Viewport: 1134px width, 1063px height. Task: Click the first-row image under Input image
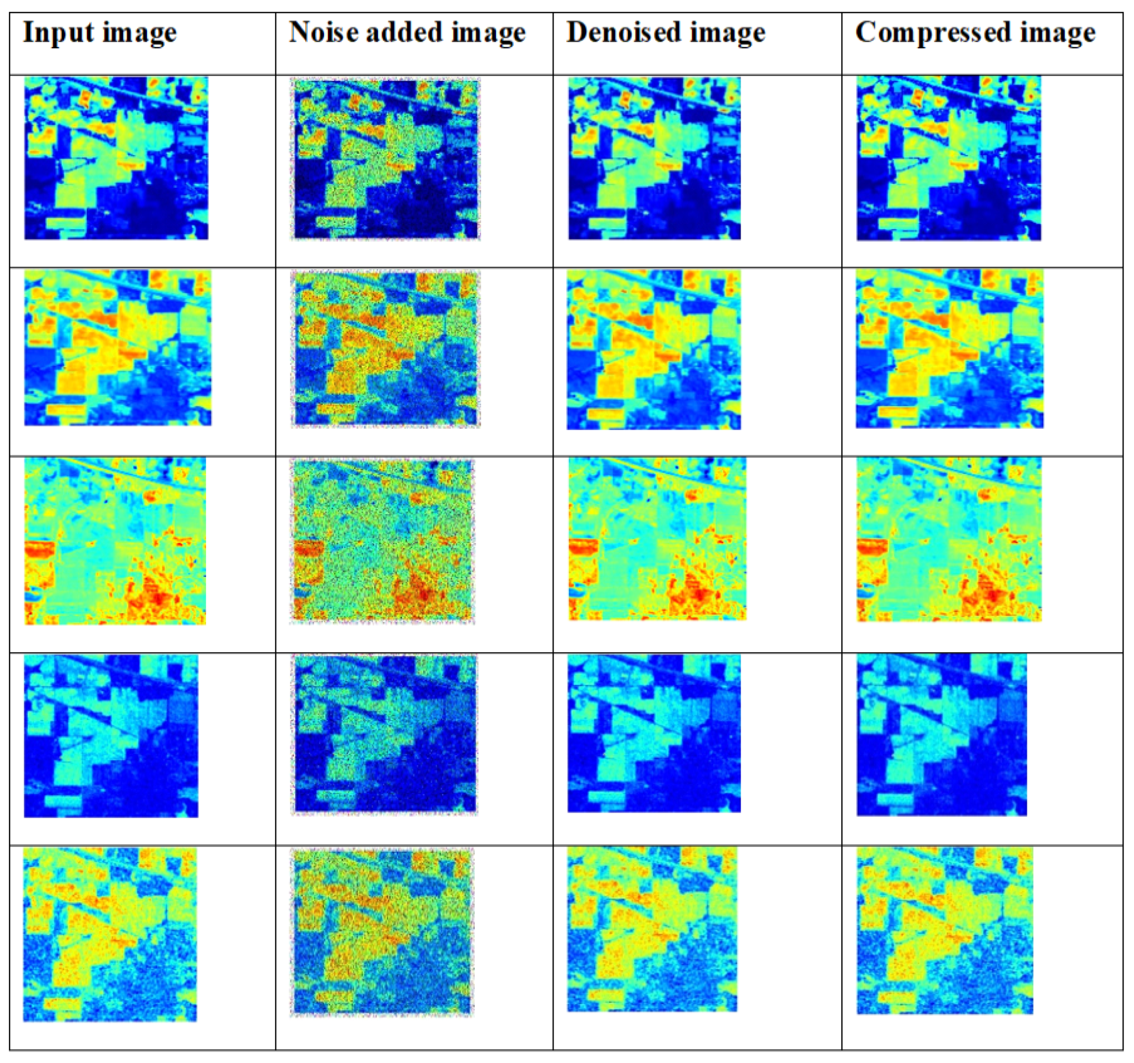pos(116,158)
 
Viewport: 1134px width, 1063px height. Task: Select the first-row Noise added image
pos(386,159)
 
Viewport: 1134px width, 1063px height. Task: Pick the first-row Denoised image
pos(654,158)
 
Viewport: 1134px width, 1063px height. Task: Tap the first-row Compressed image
pos(948,158)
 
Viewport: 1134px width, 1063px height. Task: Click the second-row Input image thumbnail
pos(118,347)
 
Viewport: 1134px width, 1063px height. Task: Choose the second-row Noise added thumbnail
pos(386,349)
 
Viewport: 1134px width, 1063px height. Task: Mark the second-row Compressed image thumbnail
pos(950,349)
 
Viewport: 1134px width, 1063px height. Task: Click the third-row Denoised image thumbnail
pos(657,539)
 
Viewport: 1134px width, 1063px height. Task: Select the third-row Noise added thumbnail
pos(382,541)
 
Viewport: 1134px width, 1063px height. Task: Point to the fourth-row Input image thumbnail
pos(111,736)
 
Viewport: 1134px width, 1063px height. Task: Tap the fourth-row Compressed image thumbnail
pos(942,735)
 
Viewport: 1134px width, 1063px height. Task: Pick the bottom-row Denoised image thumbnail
pos(652,929)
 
